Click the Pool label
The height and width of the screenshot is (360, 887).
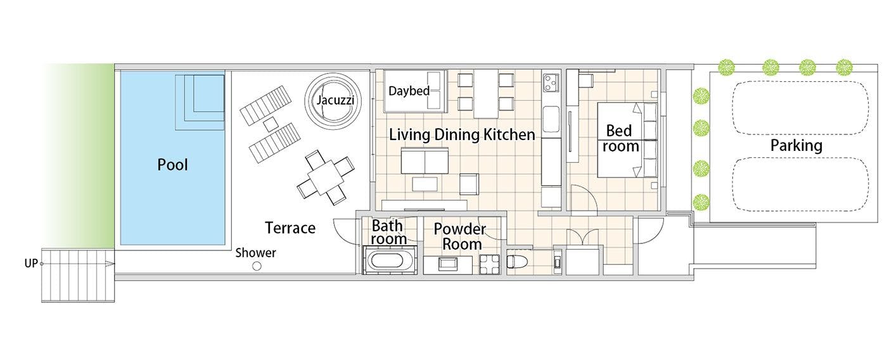(x=172, y=165)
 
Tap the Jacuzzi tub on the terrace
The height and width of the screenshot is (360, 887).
(x=334, y=101)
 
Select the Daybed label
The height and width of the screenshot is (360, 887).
(x=409, y=91)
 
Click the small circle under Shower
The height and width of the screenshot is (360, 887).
(x=257, y=266)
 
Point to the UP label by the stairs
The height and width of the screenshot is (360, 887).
(x=31, y=264)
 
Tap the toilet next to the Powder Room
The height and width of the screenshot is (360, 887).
(x=517, y=262)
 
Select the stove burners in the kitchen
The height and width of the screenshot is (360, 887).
(x=551, y=82)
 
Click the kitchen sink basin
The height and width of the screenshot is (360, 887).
(x=551, y=119)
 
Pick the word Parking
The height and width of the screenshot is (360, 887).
(x=796, y=146)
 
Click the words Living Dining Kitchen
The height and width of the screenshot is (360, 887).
(x=462, y=134)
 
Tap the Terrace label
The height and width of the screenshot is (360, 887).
(x=290, y=228)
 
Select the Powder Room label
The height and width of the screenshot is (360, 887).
(x=461, y=236)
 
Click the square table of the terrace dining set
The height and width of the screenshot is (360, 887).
(x=325, y=177)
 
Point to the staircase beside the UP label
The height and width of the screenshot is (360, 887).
(x=78, y=276)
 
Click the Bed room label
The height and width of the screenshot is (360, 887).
(x=620, y=139)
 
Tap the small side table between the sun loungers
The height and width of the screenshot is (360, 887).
(x=271, y=124)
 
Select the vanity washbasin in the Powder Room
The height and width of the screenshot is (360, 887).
(x=448, y=264)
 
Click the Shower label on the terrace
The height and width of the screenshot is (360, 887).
(x=255, y=253)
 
